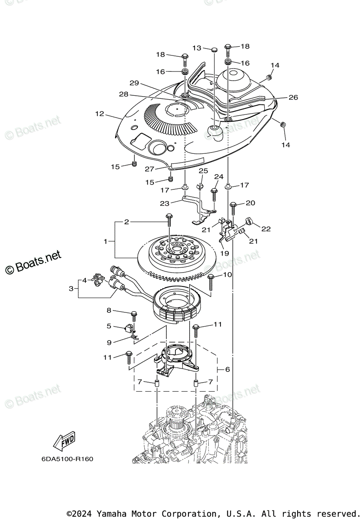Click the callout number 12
100,114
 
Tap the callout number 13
197,48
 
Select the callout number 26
293,97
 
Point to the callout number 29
134,83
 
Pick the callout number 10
227,275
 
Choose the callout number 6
227,369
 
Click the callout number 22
266,229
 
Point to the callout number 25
203,172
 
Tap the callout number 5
109,326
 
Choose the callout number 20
251,203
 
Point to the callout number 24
219,177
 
